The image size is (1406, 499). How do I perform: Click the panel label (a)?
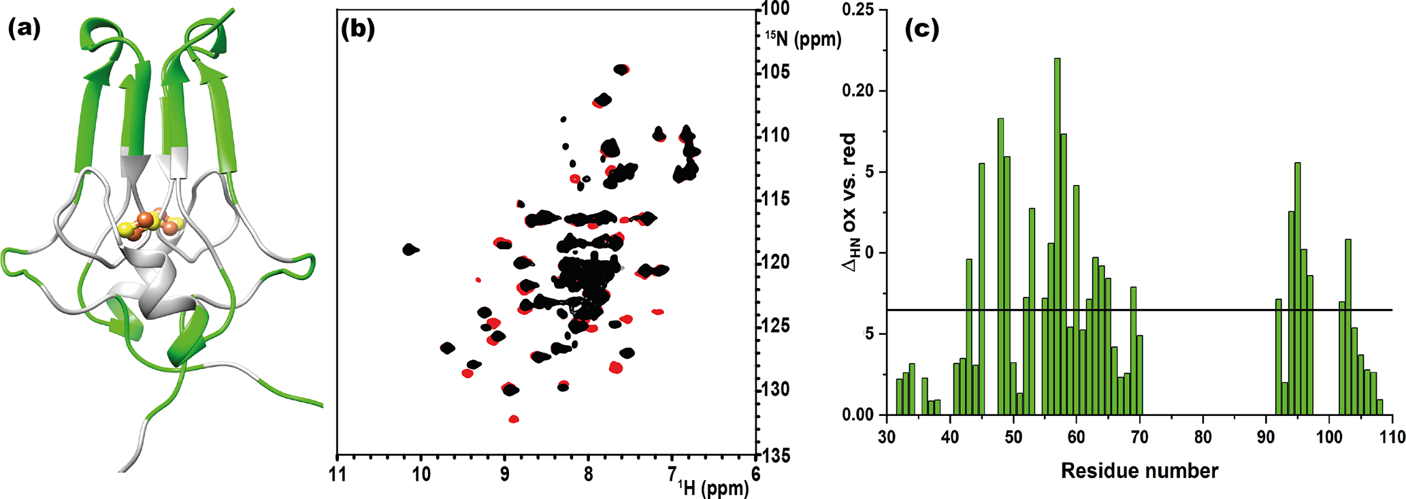click(x=24, y=29)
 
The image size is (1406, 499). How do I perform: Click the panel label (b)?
click(x=358, y=29)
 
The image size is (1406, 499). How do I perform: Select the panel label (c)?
click(x=921, y=29)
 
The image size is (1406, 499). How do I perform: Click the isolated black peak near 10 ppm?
click(x=410, y=249)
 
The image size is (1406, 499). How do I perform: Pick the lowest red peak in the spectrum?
click(x=514, y=419)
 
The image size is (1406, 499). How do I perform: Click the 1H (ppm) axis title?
click(x=713, y=487)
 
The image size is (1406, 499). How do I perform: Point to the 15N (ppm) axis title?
click(x=803, y=39)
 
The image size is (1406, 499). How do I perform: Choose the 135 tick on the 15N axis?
click(x=775, y=455)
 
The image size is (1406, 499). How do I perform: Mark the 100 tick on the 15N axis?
click(x=775, y=10)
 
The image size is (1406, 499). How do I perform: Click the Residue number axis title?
click(x=1139, y=470)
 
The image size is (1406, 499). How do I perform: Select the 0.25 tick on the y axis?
click(x=862, y=10)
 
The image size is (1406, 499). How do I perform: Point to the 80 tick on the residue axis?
click(x=1203, y=436)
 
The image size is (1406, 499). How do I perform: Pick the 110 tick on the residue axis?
click(x=1392, y=436)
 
